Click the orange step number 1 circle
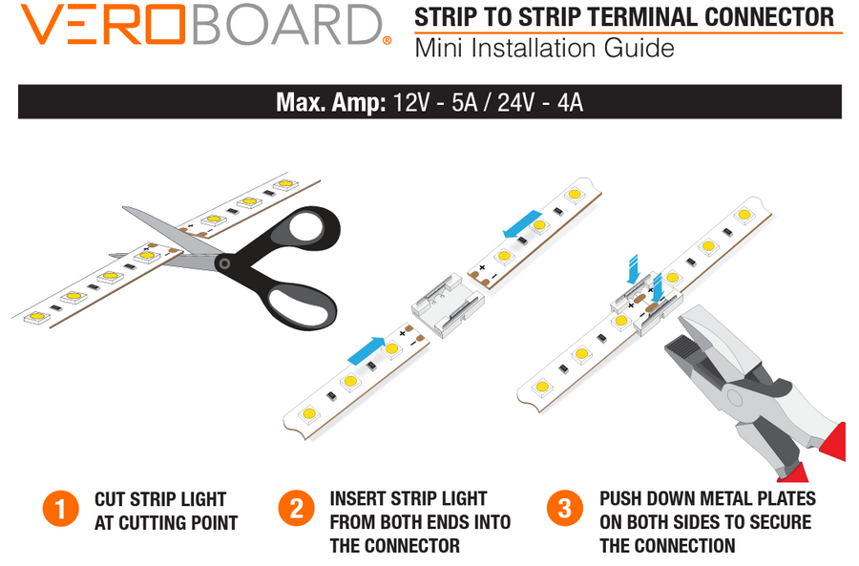tap(60, 509)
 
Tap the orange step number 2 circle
tap(297, 508)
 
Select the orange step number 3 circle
tap(565, 508)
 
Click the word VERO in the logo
tap(102, 25)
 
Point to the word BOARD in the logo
tap(286, 25)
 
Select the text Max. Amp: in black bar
tap(331, 102)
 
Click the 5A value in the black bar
tap(464, 102)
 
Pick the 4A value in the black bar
tap(570, 102)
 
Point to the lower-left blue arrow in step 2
tap(367, 350)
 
